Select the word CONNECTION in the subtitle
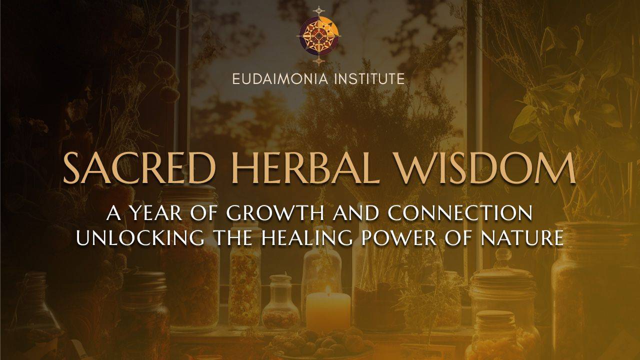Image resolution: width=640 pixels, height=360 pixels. [460, 213]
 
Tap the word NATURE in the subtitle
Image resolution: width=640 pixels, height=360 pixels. [523, 238]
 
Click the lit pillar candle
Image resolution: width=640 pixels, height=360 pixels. [328, 311]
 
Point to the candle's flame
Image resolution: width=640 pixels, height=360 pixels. [328, 290]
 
